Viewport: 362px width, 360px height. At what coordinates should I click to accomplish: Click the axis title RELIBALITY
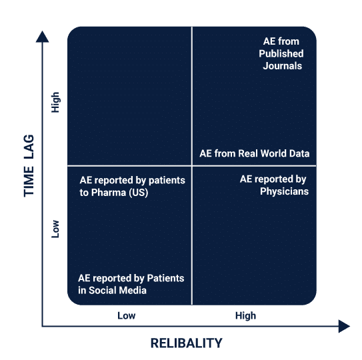(186, 343)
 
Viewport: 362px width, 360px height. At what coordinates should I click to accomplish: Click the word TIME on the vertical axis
(29, 181)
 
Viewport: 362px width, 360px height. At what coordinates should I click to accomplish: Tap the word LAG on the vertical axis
(29, 147)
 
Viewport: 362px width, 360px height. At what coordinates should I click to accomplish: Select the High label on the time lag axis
(55, 102)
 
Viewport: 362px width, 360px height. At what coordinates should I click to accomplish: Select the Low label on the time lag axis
(55, 229)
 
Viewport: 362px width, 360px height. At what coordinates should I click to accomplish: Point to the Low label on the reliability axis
(126, 315)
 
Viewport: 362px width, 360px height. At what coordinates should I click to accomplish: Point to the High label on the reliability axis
(245, 315)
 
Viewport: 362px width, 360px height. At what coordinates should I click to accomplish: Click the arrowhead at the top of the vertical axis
(42, 37)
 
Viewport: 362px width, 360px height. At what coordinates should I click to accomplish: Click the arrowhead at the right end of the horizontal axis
(344, 326)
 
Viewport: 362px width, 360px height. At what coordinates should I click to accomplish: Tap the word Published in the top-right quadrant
(281, 53)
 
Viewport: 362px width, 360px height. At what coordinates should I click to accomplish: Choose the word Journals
(283, 66)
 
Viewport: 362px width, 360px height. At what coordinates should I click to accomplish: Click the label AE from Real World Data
(255, 153)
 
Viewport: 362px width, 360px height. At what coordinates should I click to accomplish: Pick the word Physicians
(284, 191)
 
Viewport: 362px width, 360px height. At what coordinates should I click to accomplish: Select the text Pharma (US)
(119, 193)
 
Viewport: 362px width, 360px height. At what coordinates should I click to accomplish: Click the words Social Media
(117, 290)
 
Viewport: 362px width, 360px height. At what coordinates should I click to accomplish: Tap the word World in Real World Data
(273, 153)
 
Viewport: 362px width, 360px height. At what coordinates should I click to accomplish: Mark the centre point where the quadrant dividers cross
(191, 165)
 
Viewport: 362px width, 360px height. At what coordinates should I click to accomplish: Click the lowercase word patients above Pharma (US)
(167, 181)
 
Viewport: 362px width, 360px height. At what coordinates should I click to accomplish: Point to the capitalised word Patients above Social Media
(165, 278)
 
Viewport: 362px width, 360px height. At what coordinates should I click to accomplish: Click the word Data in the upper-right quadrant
(299, 153)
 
